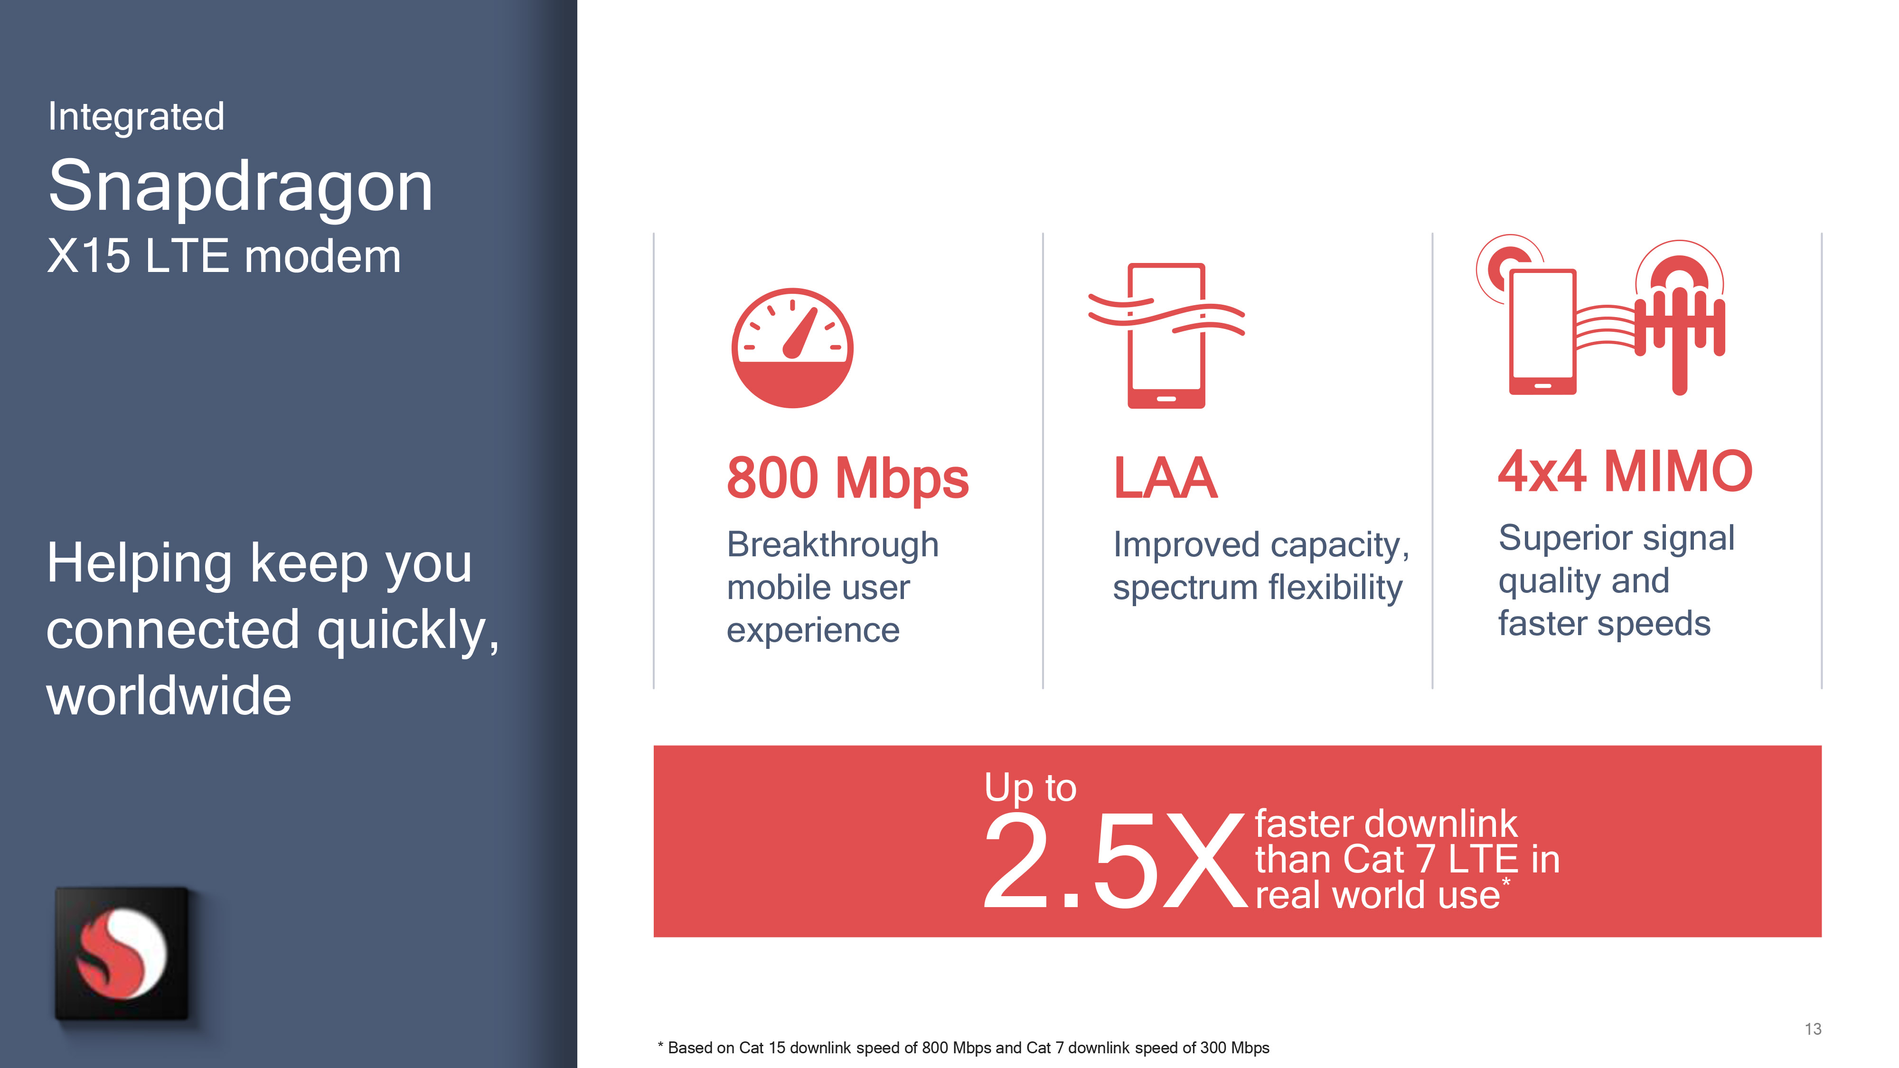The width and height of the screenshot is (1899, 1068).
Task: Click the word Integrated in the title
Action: tap(136, 116)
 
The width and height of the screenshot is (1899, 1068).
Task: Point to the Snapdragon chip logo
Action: tap(122, 953)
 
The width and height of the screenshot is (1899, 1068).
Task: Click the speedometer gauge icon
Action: tap(792, 348)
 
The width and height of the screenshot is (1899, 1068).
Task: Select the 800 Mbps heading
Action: tap(848, 478)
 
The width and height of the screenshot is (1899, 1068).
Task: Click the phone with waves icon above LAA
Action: tap(1166, 336)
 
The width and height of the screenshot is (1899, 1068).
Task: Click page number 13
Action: tap(1813, 1029)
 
